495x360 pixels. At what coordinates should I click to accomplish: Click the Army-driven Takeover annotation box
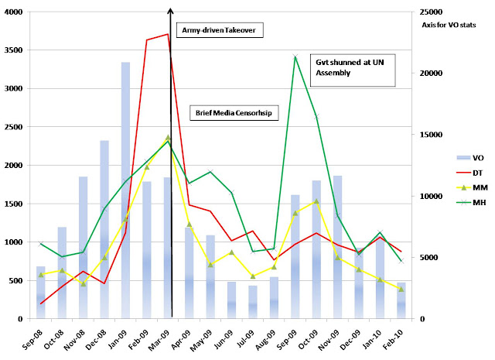220,30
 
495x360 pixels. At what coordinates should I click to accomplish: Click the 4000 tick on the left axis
15,12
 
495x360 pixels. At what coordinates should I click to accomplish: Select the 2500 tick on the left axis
15,127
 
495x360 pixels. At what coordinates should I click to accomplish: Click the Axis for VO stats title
453,25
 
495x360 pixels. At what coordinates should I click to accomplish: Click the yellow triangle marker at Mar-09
168,138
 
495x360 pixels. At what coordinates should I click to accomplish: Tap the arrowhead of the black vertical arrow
170,10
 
